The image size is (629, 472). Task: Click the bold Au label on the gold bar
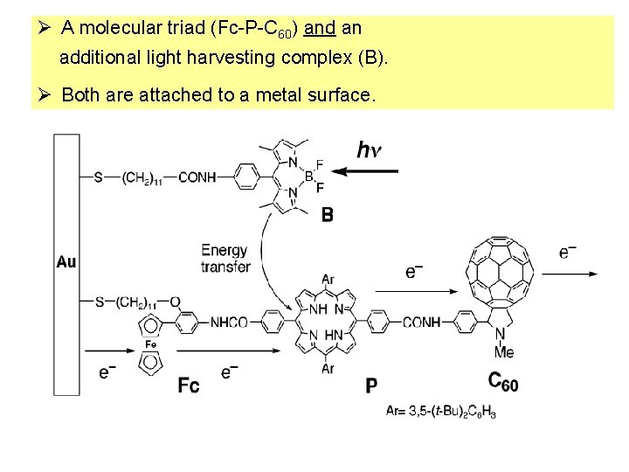point(66,261)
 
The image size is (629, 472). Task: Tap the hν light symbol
point(370,149)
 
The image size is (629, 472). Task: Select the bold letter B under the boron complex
point(327,214)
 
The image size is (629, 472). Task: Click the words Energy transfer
point(225,259)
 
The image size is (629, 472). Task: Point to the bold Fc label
point(189,385)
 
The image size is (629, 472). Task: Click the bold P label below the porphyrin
point(371,385)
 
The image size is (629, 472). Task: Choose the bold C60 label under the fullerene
point(502,382)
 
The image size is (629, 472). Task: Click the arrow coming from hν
point(366,172)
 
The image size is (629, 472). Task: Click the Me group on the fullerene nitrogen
point(504,351)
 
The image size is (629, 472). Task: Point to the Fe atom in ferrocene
point(149,344)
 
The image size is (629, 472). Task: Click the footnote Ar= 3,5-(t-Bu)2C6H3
point(441,412)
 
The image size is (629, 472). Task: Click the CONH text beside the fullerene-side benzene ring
point(421,323)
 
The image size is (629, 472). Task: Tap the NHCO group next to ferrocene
point(229,323)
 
